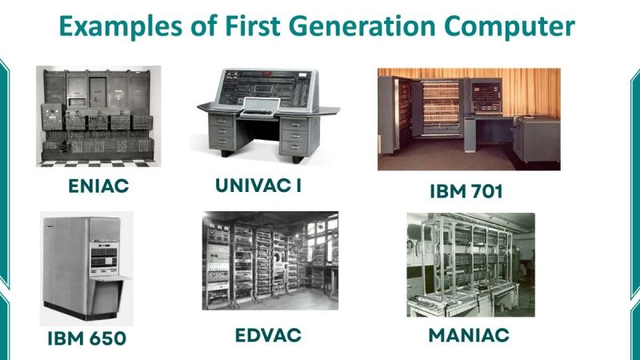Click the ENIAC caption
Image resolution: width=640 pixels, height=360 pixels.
tap(99, 187)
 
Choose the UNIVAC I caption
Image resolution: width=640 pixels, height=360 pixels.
tap(258, 186)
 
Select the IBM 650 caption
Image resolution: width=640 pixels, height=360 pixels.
tap(86, 338)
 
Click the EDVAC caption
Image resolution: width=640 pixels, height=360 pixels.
tap(268, 334)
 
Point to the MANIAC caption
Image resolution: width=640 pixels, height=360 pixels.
tap(469, 334)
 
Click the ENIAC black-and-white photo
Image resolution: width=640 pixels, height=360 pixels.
tap(98, 116)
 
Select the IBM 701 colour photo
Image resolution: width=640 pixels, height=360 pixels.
tap(468, 118)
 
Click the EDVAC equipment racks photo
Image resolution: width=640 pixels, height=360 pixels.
tap(270, 260)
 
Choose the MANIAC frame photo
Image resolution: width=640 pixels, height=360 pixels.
tap(469, 264)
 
